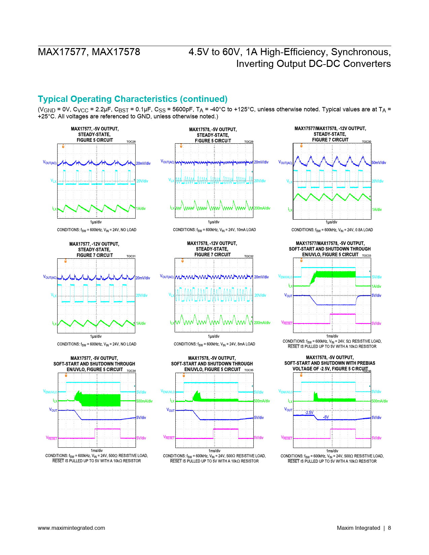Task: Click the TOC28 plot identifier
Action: tap(131, 142)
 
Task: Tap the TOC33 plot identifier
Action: tap(366, 255)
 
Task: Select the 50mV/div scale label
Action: tap(379, 162)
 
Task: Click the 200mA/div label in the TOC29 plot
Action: tap(262, 208)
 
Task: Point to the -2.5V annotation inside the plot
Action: tap(309, 412)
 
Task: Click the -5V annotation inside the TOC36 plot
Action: tap(326, 417)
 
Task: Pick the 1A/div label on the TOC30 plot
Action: tap(377, 210)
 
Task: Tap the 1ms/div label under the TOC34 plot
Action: tap(97, 450)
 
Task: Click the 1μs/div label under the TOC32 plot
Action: tap(214, 336)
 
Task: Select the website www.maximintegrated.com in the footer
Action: tap(71, 528)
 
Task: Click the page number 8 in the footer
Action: tap(389, 528)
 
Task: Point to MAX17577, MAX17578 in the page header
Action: tap(89, 52)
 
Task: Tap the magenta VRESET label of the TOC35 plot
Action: tap(169, 438)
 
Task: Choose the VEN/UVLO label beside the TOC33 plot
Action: tap(285, 276)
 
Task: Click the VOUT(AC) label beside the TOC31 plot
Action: tap(50, 277)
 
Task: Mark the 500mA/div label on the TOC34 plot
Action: tap(144, 401)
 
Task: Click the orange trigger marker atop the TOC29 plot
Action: tap(181, 146)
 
